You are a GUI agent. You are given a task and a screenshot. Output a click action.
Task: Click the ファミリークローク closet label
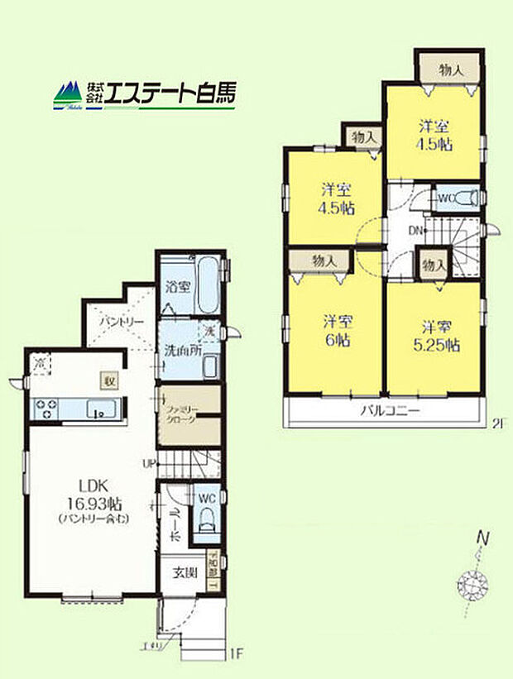click(180, 414)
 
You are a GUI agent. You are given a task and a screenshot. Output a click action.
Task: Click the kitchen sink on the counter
click(103, 408)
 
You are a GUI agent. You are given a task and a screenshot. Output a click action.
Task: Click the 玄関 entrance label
click(185, 572)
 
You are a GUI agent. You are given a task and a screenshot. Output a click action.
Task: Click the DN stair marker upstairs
click(416, 231)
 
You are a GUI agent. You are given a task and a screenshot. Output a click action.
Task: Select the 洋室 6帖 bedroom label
click(333, 330)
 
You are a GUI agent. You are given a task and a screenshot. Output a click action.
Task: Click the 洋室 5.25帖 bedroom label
click(434, 335)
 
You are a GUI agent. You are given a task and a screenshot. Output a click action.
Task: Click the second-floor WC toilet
click(464, 198)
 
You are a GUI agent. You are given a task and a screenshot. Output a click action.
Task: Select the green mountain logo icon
click(68, 95)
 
